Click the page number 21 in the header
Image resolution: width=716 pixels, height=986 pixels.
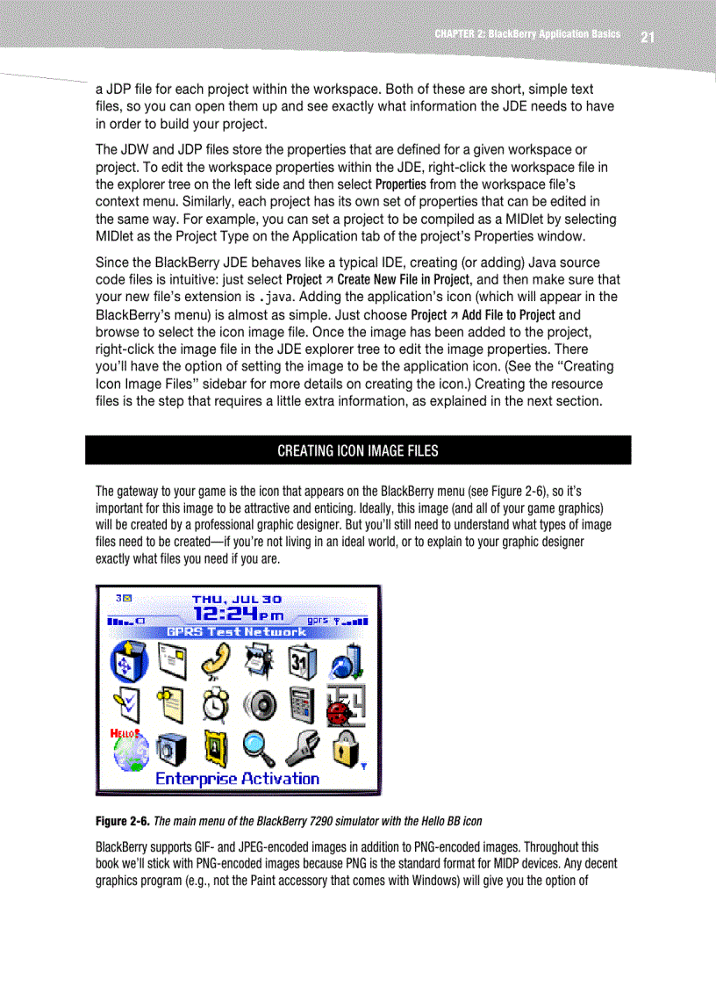648,37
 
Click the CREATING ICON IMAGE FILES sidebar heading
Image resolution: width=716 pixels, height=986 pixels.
357,451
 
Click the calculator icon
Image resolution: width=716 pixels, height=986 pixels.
302,704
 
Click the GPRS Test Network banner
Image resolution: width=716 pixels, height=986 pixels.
237,631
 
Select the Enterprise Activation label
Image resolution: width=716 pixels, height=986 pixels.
237,779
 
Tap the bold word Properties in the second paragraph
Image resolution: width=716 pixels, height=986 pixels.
401,184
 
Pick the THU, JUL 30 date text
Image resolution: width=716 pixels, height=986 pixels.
237,599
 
